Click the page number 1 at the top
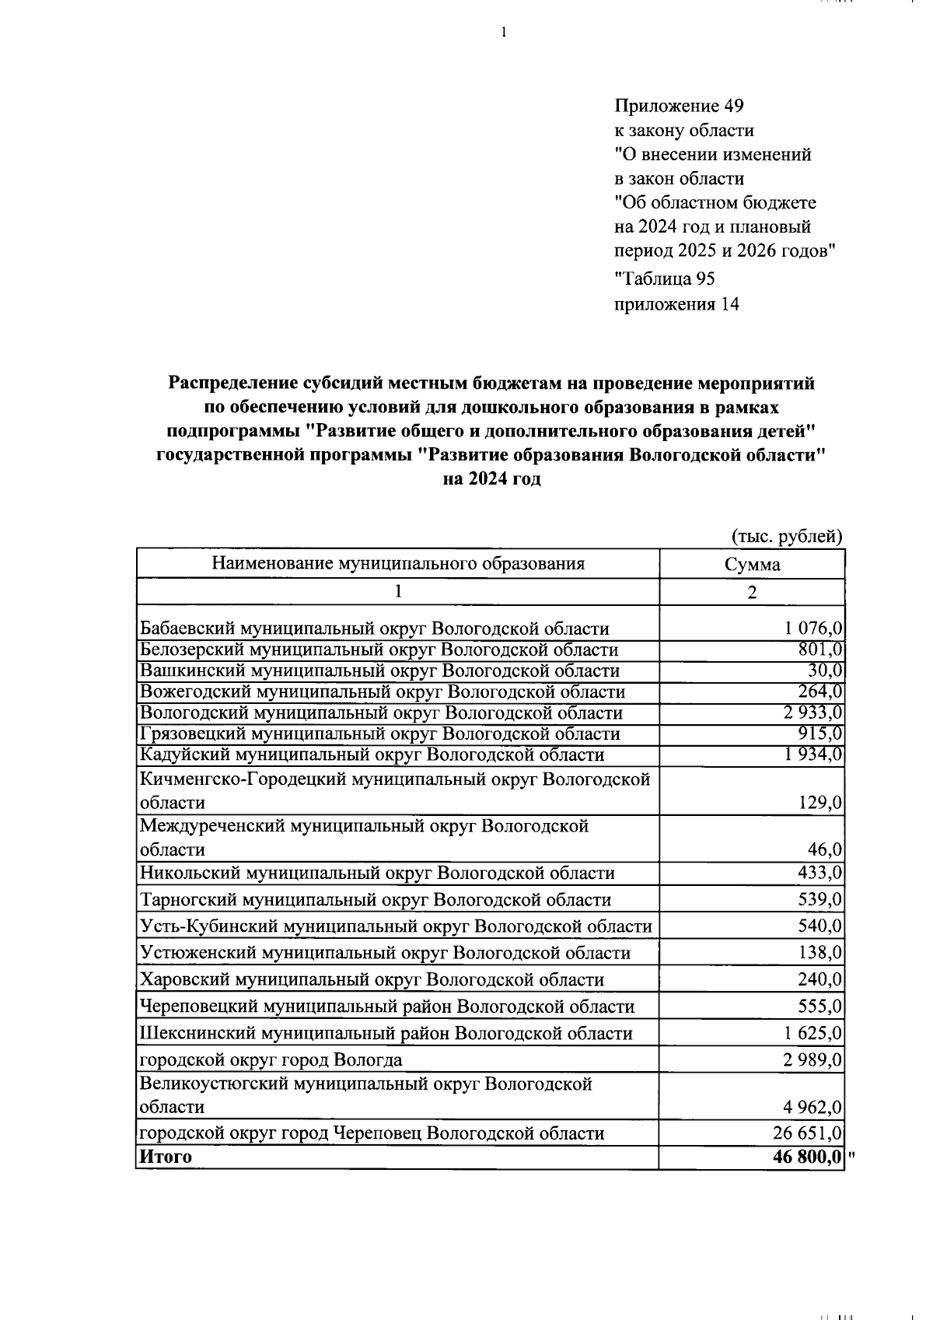(x=504, y=32)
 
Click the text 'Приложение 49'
(x=679, y=106)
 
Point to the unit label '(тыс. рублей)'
(x=787, y=536)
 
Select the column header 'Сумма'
(x=752, y=565)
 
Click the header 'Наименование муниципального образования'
(x=398, y=564)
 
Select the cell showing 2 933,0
(x=812, y=713)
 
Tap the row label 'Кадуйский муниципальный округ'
(x=372, y=755)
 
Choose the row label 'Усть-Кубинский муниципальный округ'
(x=396, y=926)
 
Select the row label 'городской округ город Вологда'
(x=271, y=1059)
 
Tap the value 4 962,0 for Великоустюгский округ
(x=812, y=1107)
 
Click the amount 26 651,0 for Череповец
(x=808, y=1133)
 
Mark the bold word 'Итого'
(x=166, y=1157)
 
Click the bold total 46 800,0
(x=808, y=1157)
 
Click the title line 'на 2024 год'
(x=491, y=480)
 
